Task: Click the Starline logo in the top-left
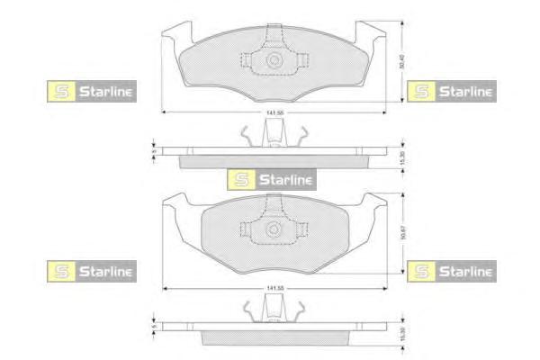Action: [x=91, y=90]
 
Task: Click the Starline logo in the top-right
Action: [x=451, y=90]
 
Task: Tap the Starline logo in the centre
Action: [x=271, y=179]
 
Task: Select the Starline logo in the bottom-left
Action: [x=91, y=269]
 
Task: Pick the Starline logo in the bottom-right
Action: [x=451, y=269]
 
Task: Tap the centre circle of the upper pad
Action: [x=274, y=60]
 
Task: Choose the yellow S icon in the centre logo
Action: [x=239, y=179]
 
